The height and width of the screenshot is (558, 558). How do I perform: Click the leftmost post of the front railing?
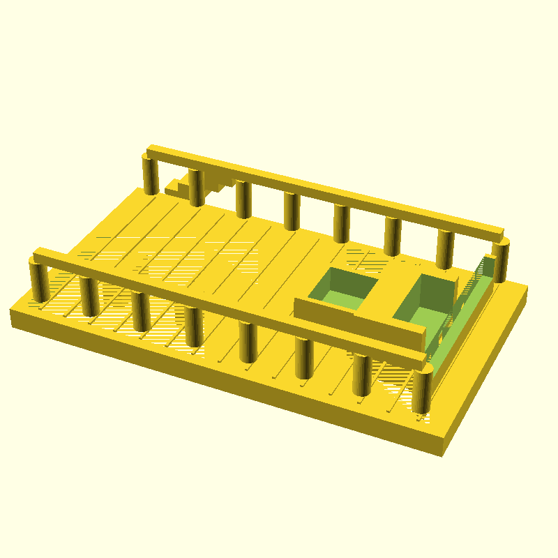point(39,280)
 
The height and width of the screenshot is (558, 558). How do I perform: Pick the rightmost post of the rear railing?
point(500,261)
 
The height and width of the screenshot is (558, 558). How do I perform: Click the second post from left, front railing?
point(89,296)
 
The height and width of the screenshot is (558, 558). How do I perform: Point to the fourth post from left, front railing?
point(194,326)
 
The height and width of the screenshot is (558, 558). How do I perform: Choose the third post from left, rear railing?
point(243,199)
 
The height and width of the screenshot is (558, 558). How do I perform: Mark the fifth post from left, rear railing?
point(341,224)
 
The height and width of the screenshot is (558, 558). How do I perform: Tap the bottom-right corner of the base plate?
point(442,453)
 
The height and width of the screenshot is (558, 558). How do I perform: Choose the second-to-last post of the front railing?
point(361,375)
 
